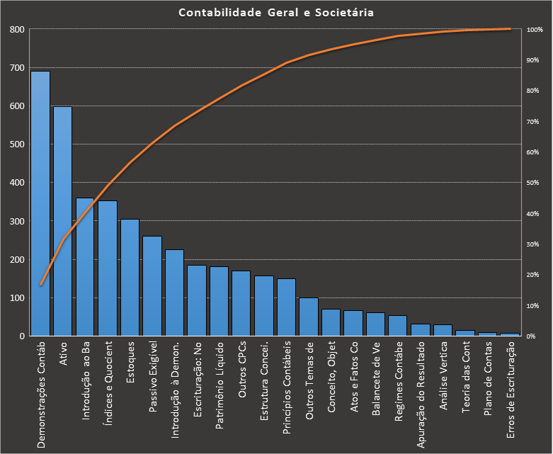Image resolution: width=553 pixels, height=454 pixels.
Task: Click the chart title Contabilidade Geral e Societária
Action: [x=276, y=13]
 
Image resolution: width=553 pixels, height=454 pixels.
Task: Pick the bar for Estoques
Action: [x=130, y=277]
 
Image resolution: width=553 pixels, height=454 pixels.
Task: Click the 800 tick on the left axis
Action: [x=17, y=30]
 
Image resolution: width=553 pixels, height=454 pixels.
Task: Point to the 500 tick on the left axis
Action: [x=17, y=144]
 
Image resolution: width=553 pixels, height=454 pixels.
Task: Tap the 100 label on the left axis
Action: [x=17, y=298]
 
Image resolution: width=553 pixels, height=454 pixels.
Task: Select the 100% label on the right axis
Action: [x=535, y=30]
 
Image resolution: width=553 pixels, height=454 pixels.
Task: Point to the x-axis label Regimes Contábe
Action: [x=399, y=382]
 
